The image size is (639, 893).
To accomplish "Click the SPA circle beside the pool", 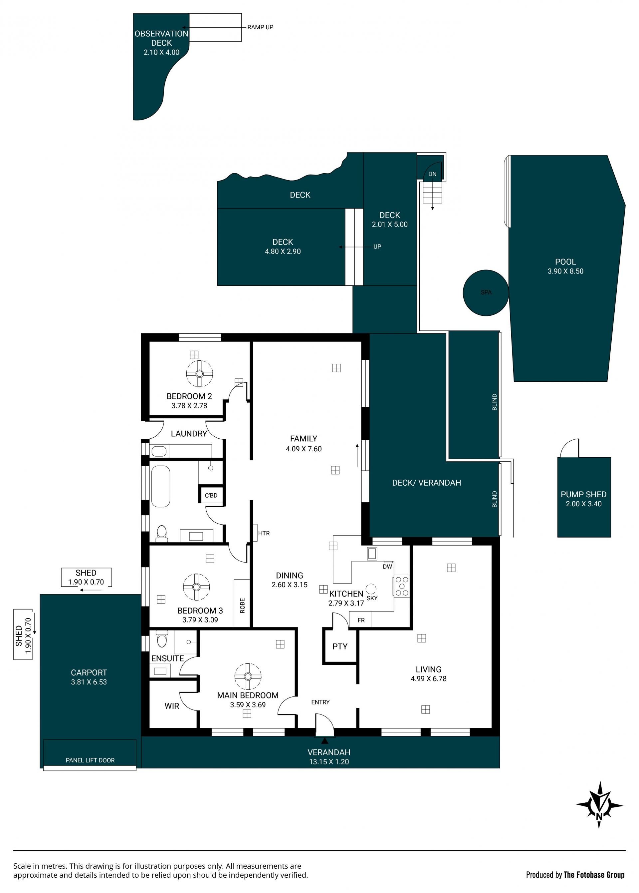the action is tap(486, 292).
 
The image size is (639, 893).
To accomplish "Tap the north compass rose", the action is tap(599, 805).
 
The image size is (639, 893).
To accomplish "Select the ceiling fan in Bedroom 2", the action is tap(199, 373).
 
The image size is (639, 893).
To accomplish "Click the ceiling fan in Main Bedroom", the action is tap(248, 676).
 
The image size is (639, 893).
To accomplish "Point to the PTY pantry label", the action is tap(340, 647).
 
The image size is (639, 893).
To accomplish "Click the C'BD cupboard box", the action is tap(211, 495).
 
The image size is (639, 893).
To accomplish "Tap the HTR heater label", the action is tap(264, 533).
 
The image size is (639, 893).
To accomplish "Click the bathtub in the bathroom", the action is tap(160, 486).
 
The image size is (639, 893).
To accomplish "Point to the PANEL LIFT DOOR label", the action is tap(90, 760).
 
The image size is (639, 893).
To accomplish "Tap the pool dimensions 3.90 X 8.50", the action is tap(565, 271).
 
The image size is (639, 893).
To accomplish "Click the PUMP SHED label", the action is tap(583, 494).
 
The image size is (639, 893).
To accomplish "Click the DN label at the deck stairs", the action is tap(432, 174).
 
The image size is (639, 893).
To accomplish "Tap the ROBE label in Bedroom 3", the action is tap(242, 606).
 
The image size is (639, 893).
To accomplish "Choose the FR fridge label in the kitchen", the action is tap(361, 620).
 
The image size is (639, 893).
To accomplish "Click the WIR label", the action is tap(172, 706).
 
